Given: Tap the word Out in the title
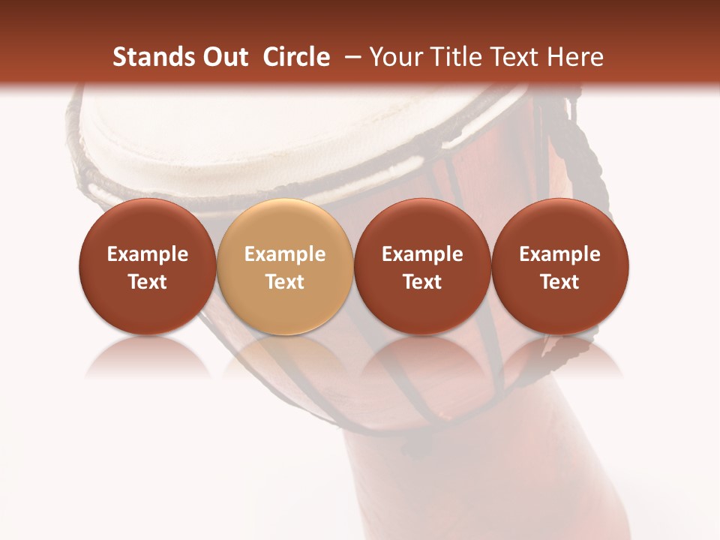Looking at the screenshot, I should coord(223,57).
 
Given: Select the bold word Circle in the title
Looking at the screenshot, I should coord(296,57).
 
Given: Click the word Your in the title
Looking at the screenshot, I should coord(392,57).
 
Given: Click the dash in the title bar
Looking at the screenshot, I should coord(350,58).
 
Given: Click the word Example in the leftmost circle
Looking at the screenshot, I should coord(148,254).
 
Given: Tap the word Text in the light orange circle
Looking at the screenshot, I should coord(285,282).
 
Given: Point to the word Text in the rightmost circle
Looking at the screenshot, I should coord(560,282).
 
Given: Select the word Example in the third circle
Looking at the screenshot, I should coord(422,254).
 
